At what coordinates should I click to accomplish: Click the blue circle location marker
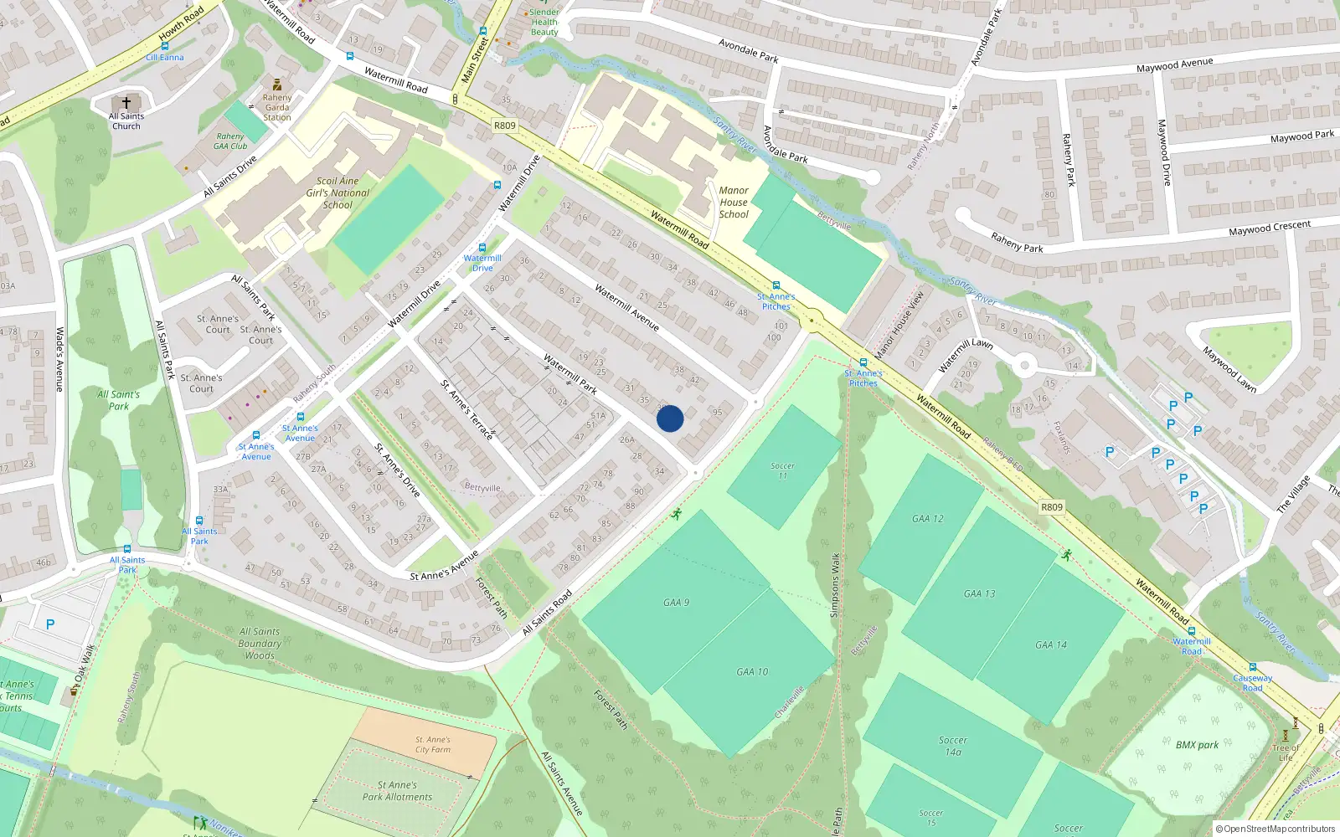click(x=670, y=418)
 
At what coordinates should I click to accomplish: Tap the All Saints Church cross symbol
click(x=126, y=102)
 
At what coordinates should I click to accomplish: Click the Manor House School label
click(x=734, y=203)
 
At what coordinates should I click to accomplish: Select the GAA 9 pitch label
click(x=676, y=603)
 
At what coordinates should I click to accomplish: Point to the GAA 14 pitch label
click(x=1050, y=644)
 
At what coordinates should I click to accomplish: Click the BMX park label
click(x=1197, y=745)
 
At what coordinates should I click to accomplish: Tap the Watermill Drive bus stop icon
click(x=482, y=248)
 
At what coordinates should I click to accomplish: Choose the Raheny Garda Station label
click(x=277, y=107)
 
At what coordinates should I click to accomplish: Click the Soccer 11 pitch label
click(x=782, y=470)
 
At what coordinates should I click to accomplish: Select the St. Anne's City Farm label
click(x=433, y=745)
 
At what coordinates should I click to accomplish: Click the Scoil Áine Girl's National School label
click(x=338, y=193)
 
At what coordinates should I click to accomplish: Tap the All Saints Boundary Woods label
click(x=260, y=644)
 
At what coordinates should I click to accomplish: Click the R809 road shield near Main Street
click(x=504, y=126)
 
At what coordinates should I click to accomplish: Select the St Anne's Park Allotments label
click(x=397, y=791)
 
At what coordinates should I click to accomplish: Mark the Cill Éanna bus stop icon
click(x=164, y=47)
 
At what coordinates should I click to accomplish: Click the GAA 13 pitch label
click(x=979, y=593)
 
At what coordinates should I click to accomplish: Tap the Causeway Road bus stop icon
click(x=1252, y=668)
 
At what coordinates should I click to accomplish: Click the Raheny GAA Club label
click(x=230, y=141)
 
